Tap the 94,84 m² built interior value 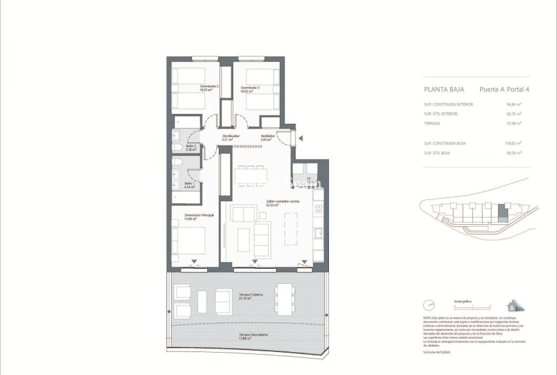(514, 104)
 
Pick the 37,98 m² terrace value (514, 123)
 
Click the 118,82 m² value (512, 143)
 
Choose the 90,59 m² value (514, 153)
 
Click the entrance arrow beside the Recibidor (300, 138)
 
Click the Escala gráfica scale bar (463, 307)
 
